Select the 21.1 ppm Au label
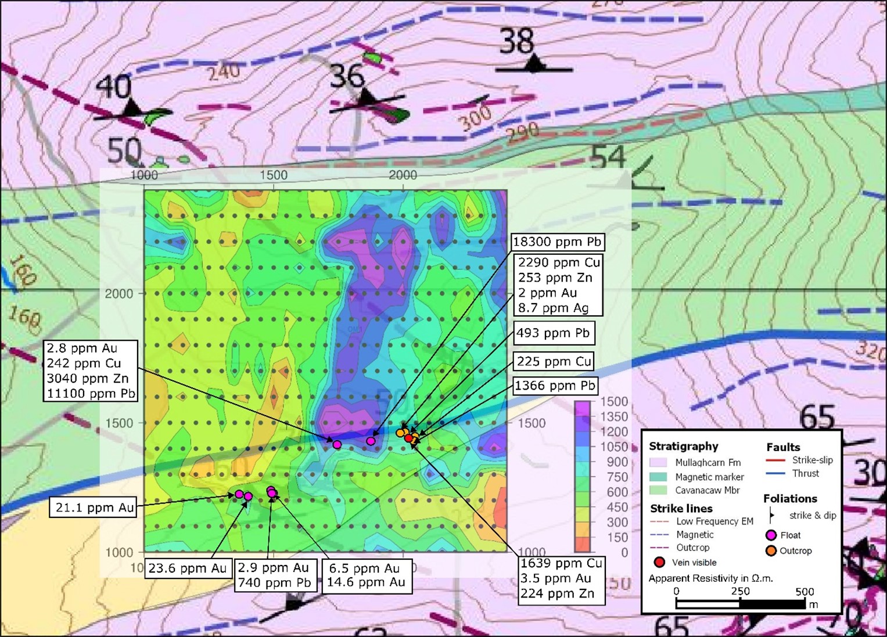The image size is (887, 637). (x=93, y=508)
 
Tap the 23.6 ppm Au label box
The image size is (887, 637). (x=187, y=568)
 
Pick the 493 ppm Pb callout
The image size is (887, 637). (x=553, y=333)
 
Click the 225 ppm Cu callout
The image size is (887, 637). (x=554, y=361)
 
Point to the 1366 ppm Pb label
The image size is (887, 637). (x=555, y=386)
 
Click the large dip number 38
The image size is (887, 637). (x=517, y=42)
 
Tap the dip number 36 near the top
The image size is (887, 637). (x=347, y=77)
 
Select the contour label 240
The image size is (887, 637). (x=224, y=72)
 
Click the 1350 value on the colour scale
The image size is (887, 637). (x=614, y=416)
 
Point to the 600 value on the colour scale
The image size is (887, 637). (x=617, y=492)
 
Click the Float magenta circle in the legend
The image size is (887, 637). (x=771, y=535)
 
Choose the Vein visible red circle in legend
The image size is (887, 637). (x=659, y=562)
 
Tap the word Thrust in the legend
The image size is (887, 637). (x=806, y=473)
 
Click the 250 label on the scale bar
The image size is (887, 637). (x=740, y=591)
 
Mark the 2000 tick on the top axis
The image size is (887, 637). (x=403, y=175)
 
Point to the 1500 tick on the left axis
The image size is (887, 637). (x=119, y=423)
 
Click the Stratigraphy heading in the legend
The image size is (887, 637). (x=683, y=446)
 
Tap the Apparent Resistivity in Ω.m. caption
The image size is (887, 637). (x=710, y=578)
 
